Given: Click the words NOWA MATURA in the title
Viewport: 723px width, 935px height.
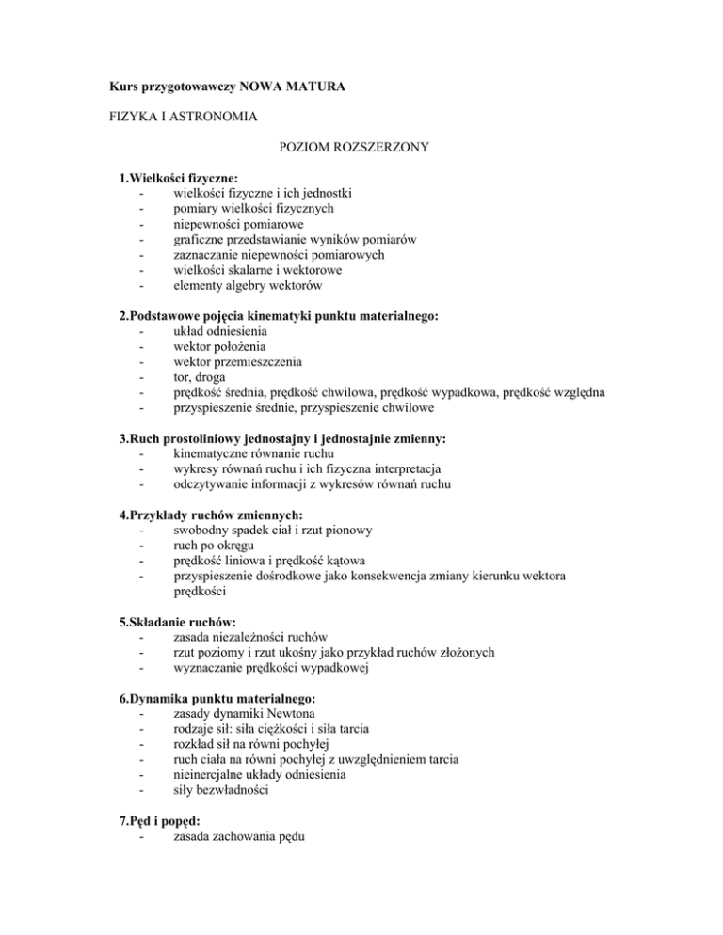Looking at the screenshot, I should coord(293,87).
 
